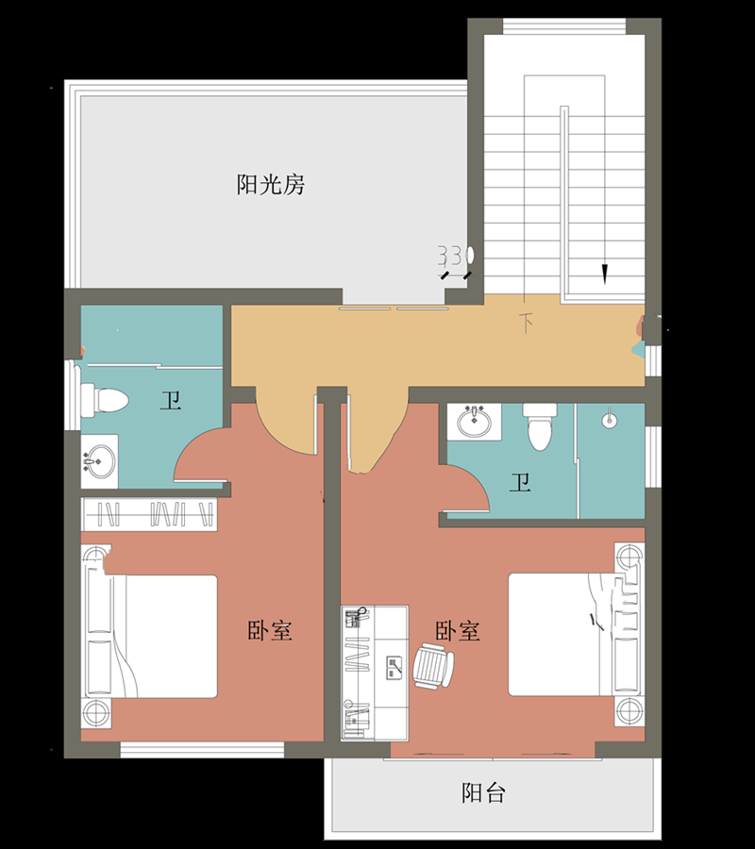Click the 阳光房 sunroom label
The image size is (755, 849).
[270, 184]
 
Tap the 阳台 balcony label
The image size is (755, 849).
[483, 792]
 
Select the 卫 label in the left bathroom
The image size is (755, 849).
[170, 402]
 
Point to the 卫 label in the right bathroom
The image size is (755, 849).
[520, 485]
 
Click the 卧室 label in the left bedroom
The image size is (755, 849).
[270, 630]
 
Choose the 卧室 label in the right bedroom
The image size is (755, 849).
[458, 630]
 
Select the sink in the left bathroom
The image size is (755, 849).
[99, 461]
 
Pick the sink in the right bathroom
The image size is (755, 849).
[475, 421]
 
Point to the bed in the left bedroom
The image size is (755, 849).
[165, 637]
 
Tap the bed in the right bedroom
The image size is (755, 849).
[557, 634]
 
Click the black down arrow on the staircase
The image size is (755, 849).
[605, 274]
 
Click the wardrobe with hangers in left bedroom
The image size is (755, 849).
[149, 514]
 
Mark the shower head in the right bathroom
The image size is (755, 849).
[610, 416]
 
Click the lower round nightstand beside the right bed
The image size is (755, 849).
[628, 709]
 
